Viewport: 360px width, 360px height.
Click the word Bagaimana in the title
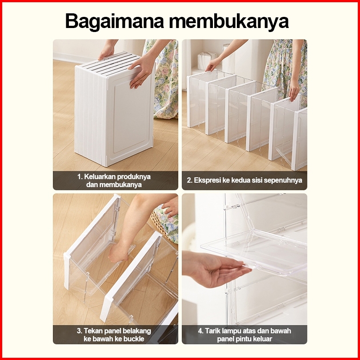coord(115,21)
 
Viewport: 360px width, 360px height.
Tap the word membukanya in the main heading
coord(229,21)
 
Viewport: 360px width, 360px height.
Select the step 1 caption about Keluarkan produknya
coord(114,180)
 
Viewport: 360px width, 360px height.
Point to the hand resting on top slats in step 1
coord(106,51)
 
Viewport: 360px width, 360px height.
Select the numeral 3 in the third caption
coord(79,331)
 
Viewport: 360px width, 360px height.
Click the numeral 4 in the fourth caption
coord(200,331)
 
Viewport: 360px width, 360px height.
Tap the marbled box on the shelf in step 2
coord(206,60)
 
